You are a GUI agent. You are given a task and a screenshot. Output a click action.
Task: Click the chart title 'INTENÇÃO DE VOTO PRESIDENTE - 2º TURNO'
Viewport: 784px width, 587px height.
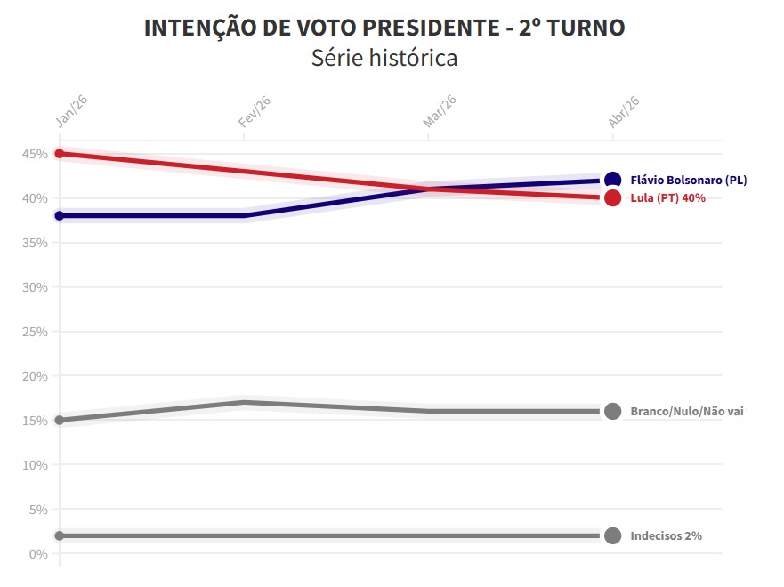tap(384, 28)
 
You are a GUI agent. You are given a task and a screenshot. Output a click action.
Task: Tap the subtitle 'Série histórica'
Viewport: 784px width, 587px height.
tap(384, 59)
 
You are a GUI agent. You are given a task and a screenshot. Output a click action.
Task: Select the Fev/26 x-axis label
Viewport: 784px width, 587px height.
tap(255, 111)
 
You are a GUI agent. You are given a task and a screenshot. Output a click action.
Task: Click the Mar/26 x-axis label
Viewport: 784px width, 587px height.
tap(440, 111)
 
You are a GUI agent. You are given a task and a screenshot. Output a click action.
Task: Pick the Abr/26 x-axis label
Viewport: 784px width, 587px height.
tap(624, 111)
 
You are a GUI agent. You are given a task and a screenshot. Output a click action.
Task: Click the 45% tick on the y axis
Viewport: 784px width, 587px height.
tap(36, 154)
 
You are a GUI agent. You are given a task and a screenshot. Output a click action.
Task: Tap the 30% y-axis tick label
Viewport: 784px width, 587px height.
tap(36, 287)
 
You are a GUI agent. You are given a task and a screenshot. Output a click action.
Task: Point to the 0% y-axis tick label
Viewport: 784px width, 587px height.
tap(38, 554)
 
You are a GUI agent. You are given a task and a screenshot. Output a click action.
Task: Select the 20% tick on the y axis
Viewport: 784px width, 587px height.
tap(36, 376)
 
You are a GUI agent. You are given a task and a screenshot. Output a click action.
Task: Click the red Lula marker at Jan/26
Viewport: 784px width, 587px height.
tap(60, 154)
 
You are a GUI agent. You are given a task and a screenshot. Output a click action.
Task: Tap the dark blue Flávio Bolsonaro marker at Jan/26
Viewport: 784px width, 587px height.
tap(60, 216)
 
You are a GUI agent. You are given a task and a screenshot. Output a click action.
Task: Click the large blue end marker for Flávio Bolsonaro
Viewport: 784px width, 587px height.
tap(612, 181)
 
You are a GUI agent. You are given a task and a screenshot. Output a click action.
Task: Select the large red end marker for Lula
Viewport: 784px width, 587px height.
tap(612, 198)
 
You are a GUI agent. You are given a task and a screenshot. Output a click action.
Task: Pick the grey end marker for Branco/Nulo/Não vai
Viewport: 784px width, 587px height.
tap(612, 411)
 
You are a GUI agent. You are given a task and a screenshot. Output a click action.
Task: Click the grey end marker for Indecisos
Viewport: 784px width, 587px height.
tap(612, 535)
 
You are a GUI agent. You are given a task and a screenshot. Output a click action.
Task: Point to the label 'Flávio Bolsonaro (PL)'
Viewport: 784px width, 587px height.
tap(689, 180)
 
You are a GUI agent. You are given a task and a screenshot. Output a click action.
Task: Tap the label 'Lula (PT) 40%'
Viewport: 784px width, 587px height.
tap(667, 198)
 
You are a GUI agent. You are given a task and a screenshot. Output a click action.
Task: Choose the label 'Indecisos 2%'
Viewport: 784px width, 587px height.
tap(666, 536)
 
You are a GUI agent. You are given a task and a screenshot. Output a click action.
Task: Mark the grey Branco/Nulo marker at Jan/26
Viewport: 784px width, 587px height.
tap(60, 420)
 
